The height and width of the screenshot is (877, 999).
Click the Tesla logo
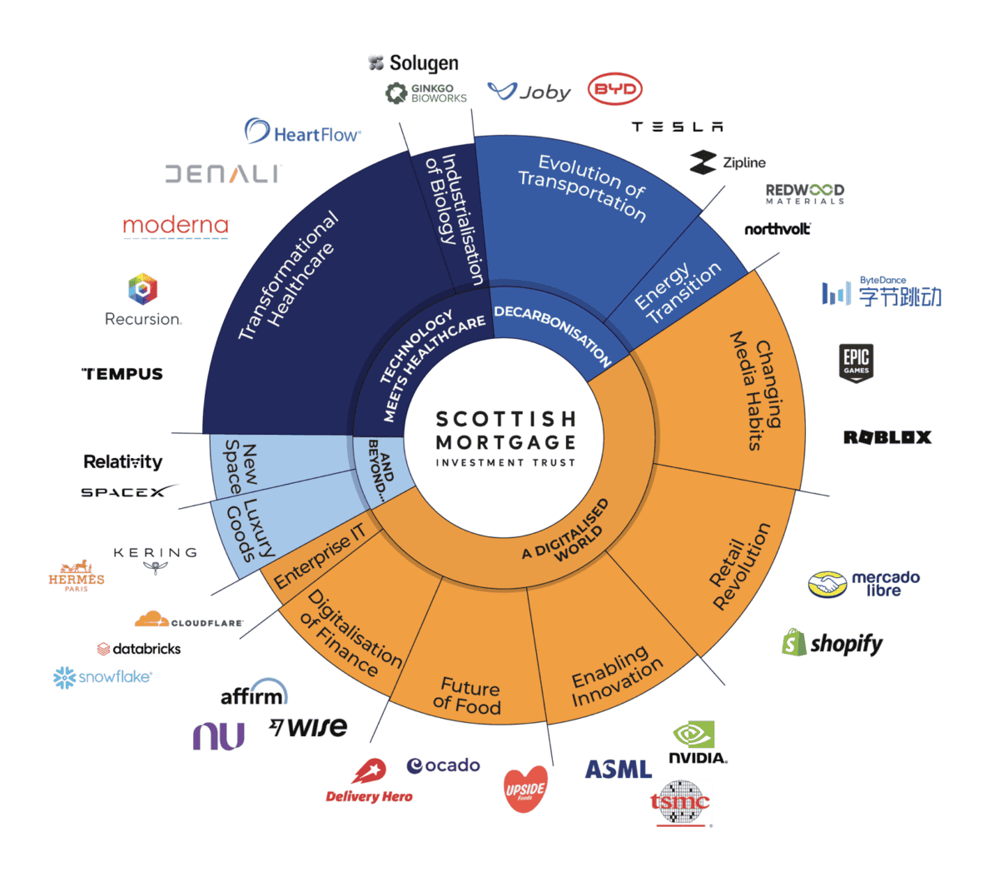pos(677,127)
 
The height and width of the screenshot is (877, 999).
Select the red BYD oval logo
pos(615,90)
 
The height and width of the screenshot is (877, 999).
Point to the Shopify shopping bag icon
pos(794,642)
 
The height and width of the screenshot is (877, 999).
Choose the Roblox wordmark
pos(887,437)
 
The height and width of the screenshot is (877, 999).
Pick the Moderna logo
pos(176,226)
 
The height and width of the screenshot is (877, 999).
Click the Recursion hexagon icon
pos(143,289)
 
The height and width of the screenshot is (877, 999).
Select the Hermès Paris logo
pos(77,576)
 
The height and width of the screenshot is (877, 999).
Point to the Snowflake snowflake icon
pos(64,678)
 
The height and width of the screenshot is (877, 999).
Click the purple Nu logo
pos(218,736)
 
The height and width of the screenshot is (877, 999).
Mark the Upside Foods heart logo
pos(526,789)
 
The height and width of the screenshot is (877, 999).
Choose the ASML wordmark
pos(618,770)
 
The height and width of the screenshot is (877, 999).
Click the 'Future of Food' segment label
pos(468,696)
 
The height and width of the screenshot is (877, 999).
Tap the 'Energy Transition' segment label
pos(677,292)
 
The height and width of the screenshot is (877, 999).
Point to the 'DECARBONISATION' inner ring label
pos(553,334)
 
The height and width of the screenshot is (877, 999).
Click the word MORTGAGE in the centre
pos(505,442)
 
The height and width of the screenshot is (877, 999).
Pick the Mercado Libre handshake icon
pos(827,585)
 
